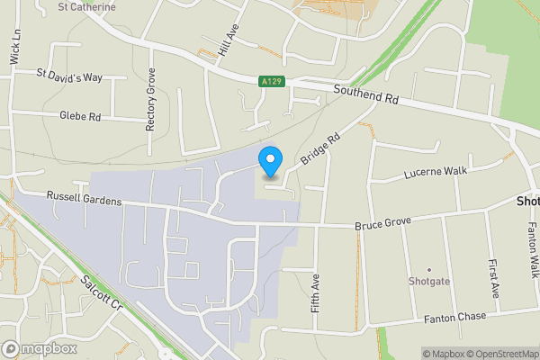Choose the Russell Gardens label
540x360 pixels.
pos(84,201)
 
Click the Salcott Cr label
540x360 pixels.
pos(100,293)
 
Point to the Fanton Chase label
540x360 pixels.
pos(455,316)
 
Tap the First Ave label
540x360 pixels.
pos(494,280)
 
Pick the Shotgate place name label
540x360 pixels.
pos(428,281)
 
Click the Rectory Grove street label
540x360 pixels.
pos(150,99)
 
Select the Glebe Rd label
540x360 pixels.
pos(80,116)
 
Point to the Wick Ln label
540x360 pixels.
pos(14,45)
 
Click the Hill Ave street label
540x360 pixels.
pos(229,40)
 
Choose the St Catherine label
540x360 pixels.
pos(86,6)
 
